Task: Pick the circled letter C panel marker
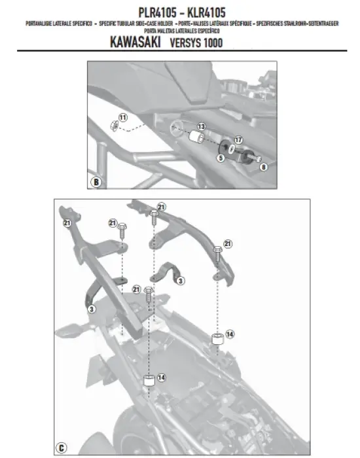coord(60,448)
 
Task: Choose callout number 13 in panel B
coord(202,126)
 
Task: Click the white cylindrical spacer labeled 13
coord(194,137)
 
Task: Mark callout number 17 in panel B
coord(238,139)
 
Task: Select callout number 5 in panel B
coord(221,158)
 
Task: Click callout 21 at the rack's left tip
coord(66,223)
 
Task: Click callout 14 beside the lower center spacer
coord(161,378)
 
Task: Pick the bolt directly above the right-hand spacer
coord(215,251)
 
